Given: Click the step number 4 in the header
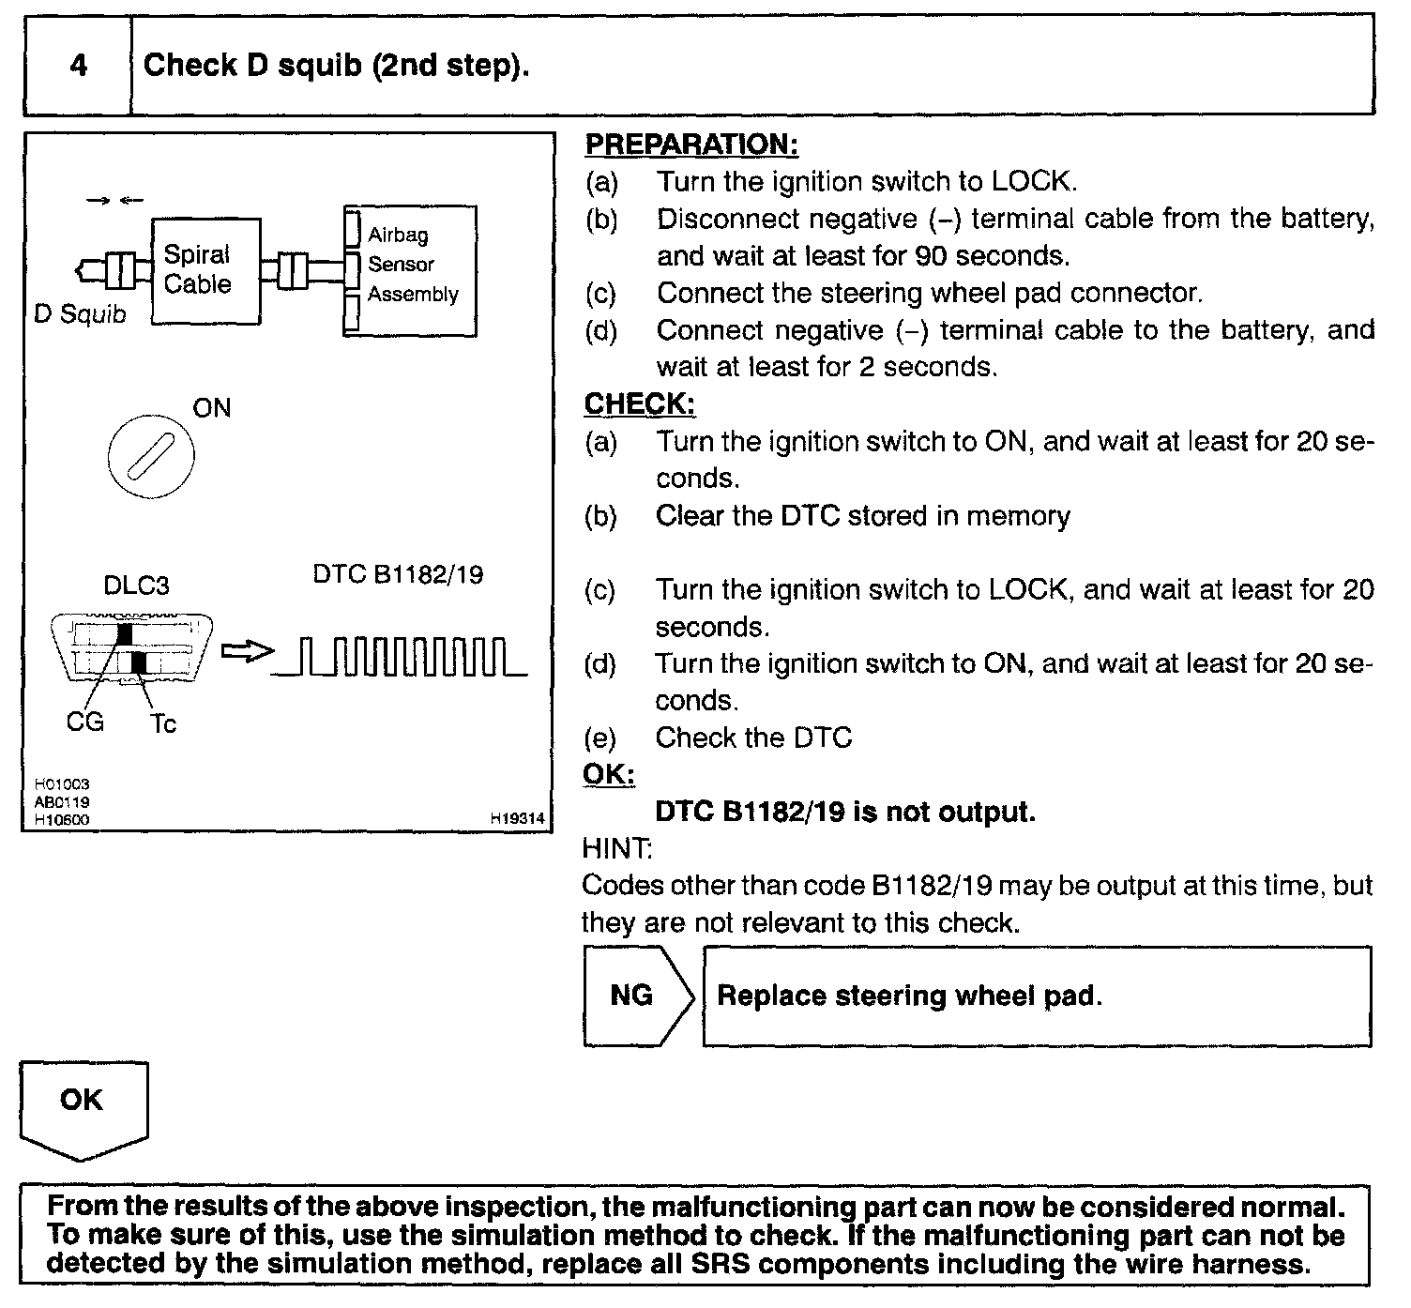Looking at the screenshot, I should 79,66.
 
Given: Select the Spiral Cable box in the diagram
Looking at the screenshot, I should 205,270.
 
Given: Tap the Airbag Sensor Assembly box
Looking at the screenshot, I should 411,270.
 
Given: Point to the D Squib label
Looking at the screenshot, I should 80,314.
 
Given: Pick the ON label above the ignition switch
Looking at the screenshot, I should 211,408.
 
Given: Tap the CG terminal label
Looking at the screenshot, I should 84,722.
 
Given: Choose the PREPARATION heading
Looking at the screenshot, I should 691,144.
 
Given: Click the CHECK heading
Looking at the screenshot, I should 640,404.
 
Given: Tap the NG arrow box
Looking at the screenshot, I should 635,996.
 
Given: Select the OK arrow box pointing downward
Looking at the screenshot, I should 83,1107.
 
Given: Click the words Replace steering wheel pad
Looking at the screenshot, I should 909,996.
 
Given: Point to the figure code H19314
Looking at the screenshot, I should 517,819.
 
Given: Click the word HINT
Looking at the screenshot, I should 616,849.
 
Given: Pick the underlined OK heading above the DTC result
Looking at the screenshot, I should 609,775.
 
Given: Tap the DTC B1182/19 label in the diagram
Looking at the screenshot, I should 399,574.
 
